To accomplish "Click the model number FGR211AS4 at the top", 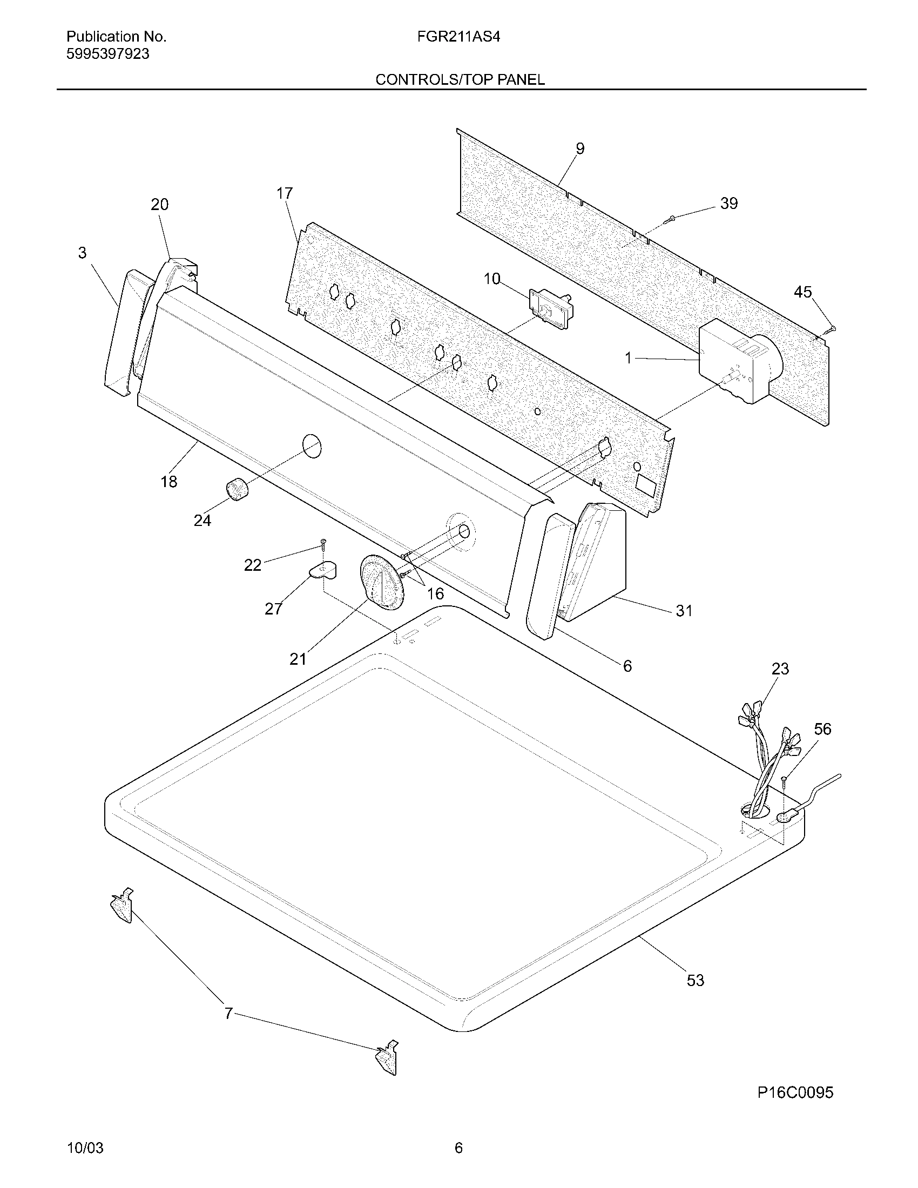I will (458, 37).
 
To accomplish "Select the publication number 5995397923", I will (107, 55).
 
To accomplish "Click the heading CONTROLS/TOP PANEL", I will (460, 80).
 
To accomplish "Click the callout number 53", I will (696, 980).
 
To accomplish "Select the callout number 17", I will (285, 194).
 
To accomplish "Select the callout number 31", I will (684, 611).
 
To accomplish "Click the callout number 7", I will (229, 1013).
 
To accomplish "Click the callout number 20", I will (160, 205).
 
